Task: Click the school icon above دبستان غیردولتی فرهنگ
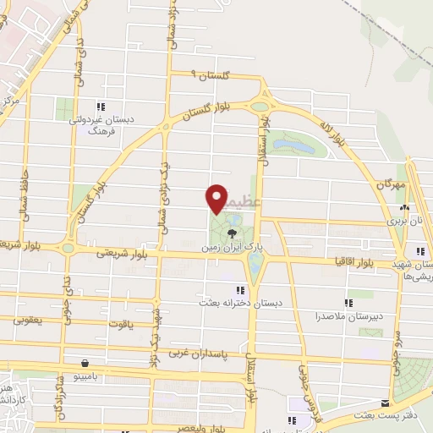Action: [x=100, y=107]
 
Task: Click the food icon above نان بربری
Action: [x=406, y=207]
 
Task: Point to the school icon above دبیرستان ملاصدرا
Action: [x=348, y=302]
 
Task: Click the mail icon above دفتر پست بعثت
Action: [x=386, y=403]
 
